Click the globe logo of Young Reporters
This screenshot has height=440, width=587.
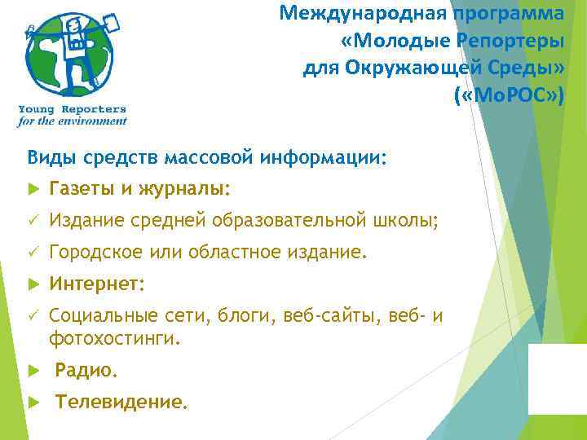tap(70, 54)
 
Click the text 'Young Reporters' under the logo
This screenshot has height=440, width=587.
tap(73, 109)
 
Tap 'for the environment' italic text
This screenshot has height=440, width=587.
tap(73, 121)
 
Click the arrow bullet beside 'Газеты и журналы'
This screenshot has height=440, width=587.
tap(33, 189)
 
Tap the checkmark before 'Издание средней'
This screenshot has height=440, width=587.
tap(33, 221)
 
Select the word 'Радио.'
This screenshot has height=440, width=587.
tap(86, 371)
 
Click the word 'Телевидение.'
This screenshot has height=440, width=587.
tap(121, 402)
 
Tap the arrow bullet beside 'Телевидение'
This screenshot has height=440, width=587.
tap(33, 403)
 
